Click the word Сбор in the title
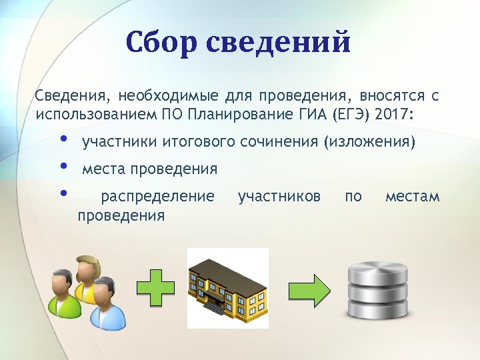click(x=159, y=43)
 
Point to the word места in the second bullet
click(x=103, y=169)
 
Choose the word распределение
click(x=157, y=197)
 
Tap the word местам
click(x=412, y=197)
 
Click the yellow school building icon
click(x=227, y=288)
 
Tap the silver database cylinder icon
click(x=378, y=291)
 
